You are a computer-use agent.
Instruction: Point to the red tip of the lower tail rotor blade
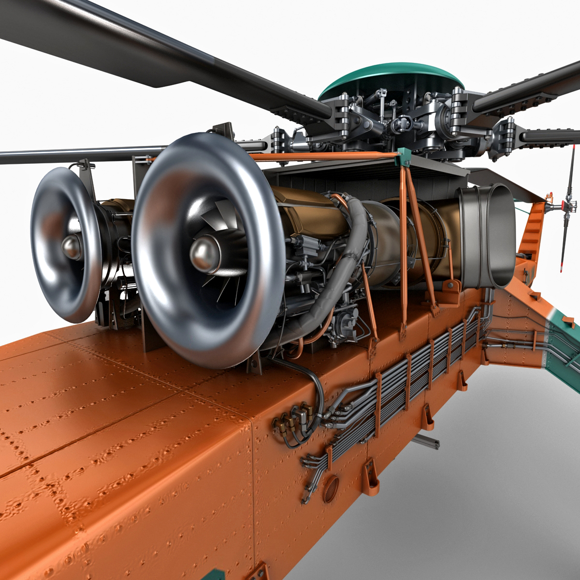coord(562,266)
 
